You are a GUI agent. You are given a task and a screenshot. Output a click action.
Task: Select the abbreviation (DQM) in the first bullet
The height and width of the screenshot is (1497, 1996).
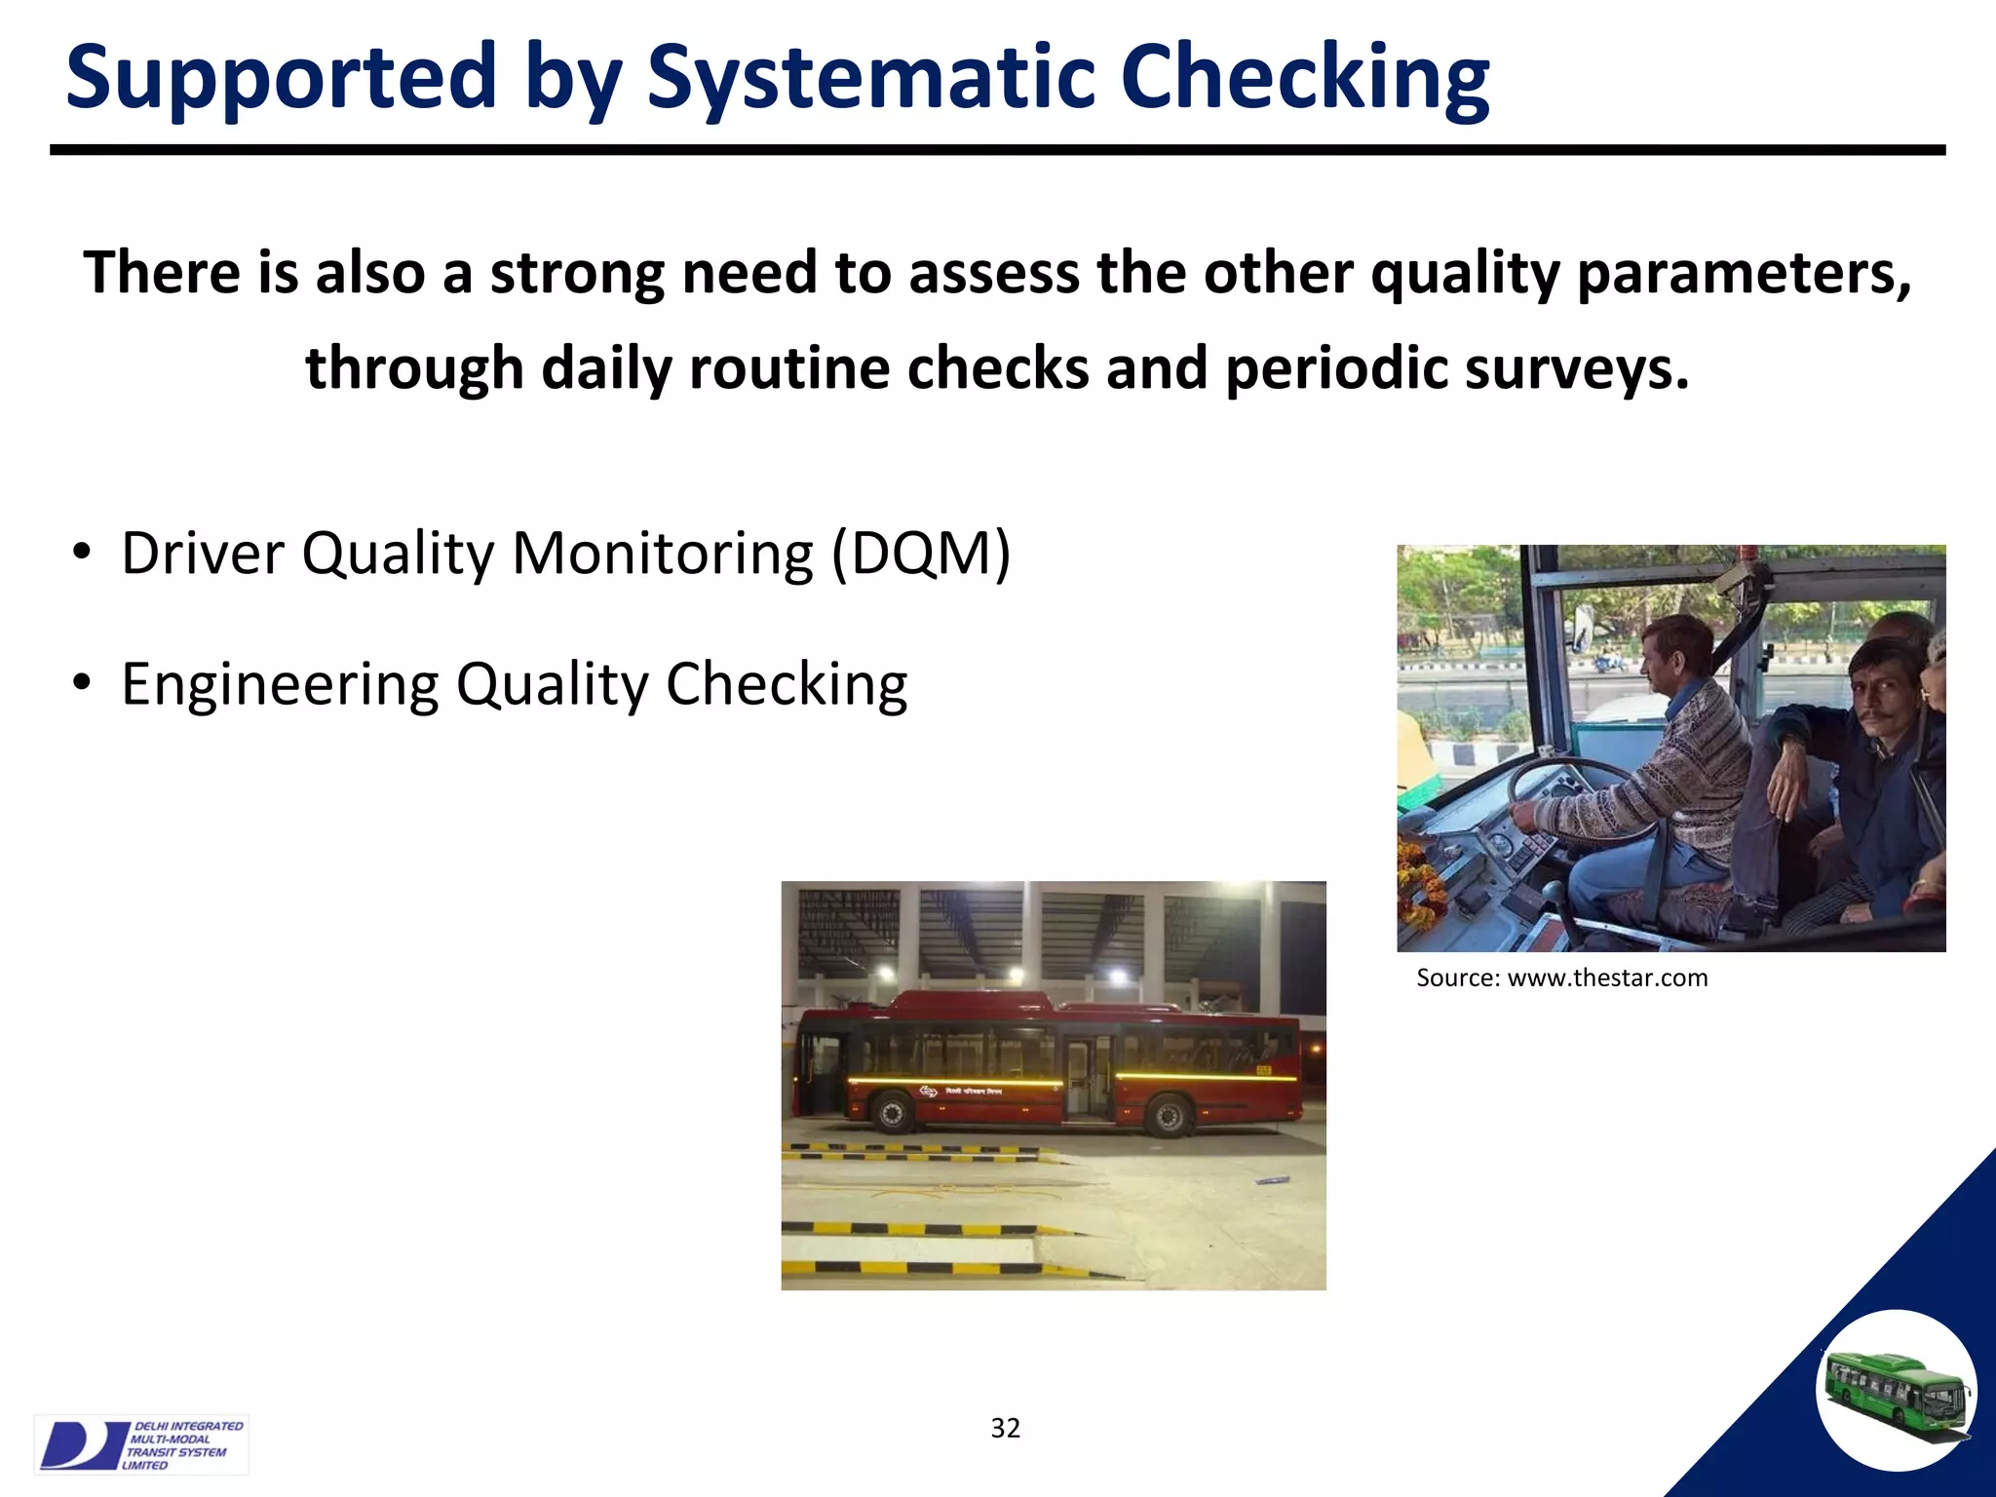tap(921, 554)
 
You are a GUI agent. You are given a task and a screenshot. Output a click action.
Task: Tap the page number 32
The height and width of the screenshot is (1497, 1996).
tap(1005, 1428)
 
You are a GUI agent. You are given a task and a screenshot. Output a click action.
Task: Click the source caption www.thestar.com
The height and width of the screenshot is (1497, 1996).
tap(1607, 978)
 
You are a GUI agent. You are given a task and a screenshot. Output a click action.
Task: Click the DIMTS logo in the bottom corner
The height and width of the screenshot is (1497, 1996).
tap(140, 1444)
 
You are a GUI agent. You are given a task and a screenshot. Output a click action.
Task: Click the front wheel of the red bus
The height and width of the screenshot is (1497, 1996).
tap(891, 1112)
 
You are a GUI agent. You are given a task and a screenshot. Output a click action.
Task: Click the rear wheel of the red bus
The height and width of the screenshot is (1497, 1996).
tap(1166, 1114)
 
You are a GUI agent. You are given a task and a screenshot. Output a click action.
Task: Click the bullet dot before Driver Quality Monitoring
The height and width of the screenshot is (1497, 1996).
tap(82, 554)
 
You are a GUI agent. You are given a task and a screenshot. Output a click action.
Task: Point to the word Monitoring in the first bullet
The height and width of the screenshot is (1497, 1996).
tap(662, 554)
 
